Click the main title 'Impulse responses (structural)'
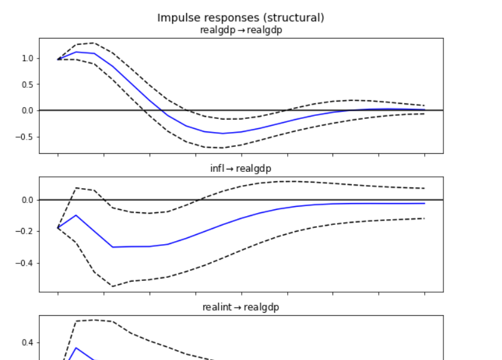(x=240, y=17)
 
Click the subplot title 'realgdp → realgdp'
(x=240, y=30)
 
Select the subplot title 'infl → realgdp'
(x=240, y=168)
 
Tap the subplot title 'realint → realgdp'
(x=240, y=307)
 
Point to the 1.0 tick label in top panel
(x=27, y=59)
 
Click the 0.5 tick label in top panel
(x=27, y=85)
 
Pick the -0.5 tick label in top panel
(x=25, y=137)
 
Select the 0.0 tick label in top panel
(x=27, y=111)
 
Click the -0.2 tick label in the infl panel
(x=25, y=232)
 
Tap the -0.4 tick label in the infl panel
(x=25, y=263)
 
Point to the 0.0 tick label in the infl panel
(x=27, y=200)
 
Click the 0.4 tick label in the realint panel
(x=27, y=343)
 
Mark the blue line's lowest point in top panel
(x=223, y=133)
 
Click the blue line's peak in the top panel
(x=76, y=52)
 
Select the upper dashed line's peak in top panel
(x=93, y=43)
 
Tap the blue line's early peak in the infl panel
(x=76, y=215)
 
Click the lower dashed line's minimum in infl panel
(x=113, y=286)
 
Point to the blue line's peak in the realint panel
(x=76, y=348)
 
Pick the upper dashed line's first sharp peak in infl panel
(x=76, y=187)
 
